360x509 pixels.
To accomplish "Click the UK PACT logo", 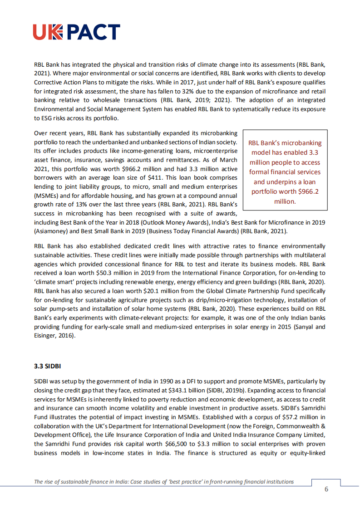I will tap(76, 32).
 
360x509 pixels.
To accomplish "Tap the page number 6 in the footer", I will tap(326, 489).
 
